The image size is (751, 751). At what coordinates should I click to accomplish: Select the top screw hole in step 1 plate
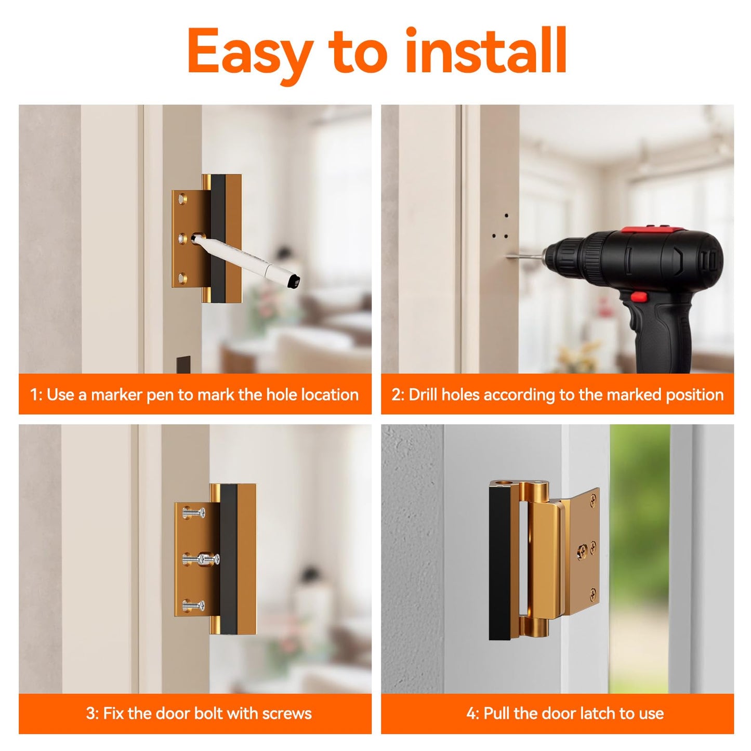[182, 199]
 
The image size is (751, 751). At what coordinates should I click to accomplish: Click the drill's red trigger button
[639, 297]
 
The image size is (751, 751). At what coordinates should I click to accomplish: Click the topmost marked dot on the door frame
[506, 215]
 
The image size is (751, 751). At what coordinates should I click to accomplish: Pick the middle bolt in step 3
[201, 559]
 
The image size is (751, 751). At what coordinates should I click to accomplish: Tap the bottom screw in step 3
[193, 605]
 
